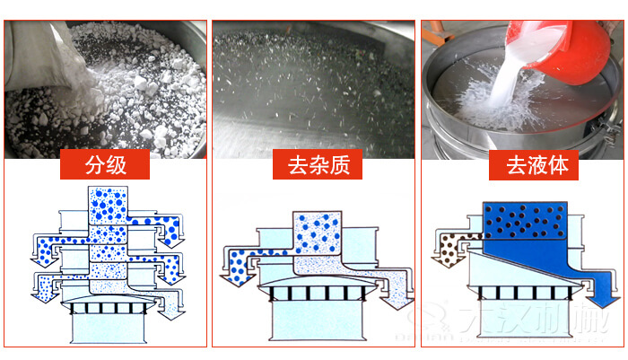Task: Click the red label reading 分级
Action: coord(105,165)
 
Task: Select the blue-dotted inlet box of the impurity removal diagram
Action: coord(318,232)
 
